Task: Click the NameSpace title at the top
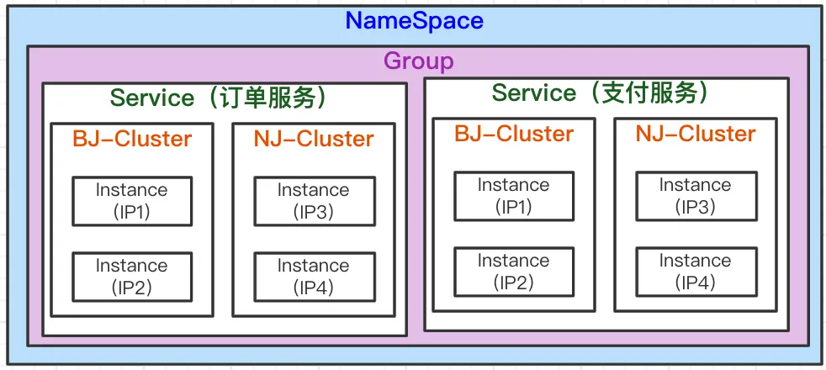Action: pos(415,20)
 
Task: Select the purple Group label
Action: pos(418,61)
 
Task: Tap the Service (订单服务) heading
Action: pos(224,98)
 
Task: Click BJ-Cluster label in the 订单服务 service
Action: pos(132,139)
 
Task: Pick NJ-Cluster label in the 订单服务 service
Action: pos(314,139)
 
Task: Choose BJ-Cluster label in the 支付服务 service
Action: pos(514,134)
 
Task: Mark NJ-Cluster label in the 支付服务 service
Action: pos(696,134)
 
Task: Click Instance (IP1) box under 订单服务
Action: pos(132,201)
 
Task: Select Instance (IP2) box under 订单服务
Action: pos(132,277)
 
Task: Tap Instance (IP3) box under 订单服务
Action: pos(314,201)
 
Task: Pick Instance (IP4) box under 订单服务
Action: pos(314,277)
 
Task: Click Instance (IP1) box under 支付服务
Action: pos(514,196)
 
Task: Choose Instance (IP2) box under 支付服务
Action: pos(514,272)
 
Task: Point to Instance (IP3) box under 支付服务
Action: pos(696,196)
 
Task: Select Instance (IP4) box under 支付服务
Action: pos(696,272)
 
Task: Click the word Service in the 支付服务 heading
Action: pos(534,92)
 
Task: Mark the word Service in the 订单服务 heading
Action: pos(152,98)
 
